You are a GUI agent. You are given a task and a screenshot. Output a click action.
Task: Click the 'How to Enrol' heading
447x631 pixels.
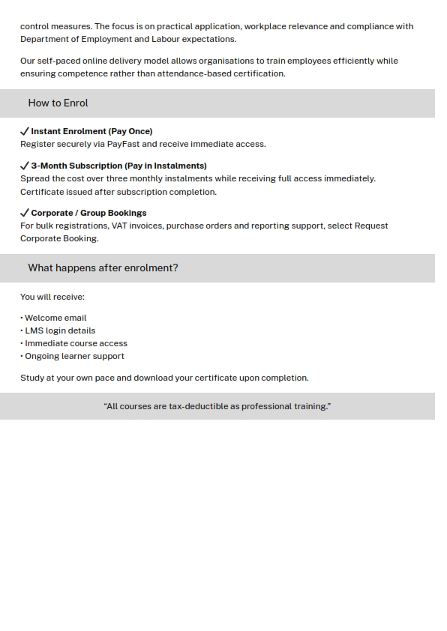coord(58,103)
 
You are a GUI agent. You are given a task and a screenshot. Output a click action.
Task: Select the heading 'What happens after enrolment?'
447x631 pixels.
coord(103,268)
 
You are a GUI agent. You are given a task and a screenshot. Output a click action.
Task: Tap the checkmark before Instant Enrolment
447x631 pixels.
coord(25,131)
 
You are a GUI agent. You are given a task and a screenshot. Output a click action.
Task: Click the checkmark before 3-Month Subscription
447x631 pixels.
coord(25,166)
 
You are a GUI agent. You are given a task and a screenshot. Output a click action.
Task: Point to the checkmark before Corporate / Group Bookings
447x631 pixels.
coord(25,213)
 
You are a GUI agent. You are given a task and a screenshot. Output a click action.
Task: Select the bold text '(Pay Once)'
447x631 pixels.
coord(130,131)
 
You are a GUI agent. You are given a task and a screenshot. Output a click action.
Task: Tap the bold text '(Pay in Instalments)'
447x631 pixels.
coord(166,166)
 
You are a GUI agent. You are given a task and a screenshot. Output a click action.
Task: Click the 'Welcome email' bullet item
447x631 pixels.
coord(55,318)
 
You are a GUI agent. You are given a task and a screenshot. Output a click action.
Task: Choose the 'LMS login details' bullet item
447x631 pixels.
coord(59,330)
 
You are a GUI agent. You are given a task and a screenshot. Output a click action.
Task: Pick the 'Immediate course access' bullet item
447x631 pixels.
coord(75,343)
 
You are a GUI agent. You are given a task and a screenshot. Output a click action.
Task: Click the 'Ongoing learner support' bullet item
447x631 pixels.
coord(73,356)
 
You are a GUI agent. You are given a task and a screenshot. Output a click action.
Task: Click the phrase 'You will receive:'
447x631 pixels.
coord(52,297)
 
